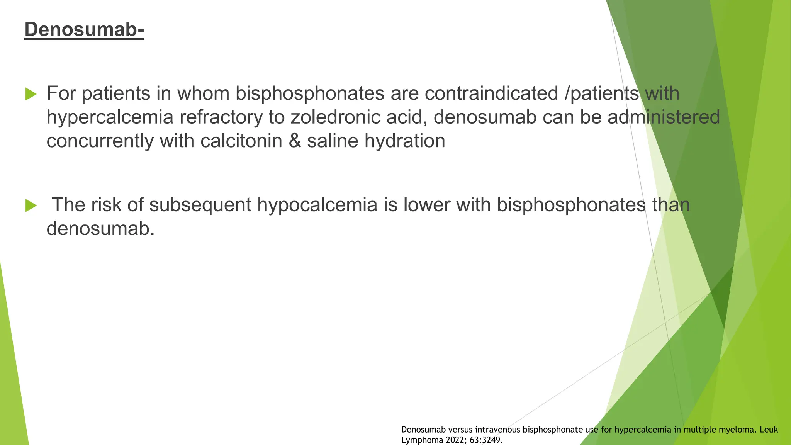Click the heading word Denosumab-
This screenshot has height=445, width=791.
pos(84,29)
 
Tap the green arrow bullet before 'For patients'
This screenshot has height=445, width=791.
pos(31,94)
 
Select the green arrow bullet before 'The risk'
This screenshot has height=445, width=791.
pos(31,206)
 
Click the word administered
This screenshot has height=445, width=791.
pos(664,117)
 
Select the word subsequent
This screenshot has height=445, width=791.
pos(200,205)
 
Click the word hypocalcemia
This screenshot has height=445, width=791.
pos(317,205)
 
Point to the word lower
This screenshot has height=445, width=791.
pos(426,205)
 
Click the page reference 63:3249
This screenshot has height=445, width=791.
pos(486,440)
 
